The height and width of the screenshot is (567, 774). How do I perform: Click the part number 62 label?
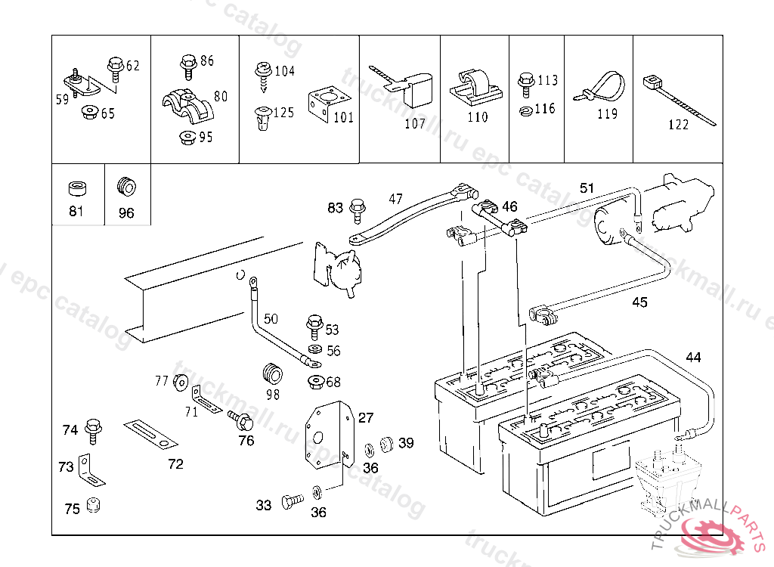point(133,66)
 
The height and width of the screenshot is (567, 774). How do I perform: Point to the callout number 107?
point(415,124)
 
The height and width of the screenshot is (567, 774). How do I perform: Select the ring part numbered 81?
point(76,189)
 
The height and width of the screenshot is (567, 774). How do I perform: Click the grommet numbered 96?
point(125,186)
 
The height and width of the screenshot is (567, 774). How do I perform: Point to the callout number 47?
point(396,199)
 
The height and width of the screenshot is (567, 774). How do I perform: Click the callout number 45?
point(639,302)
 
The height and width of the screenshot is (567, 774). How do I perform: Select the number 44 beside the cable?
point(693,357)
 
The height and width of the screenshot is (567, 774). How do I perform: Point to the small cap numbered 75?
point(94,506)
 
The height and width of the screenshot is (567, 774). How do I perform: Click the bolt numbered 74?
point(93,429)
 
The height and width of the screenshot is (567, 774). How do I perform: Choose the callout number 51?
point(587,187)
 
